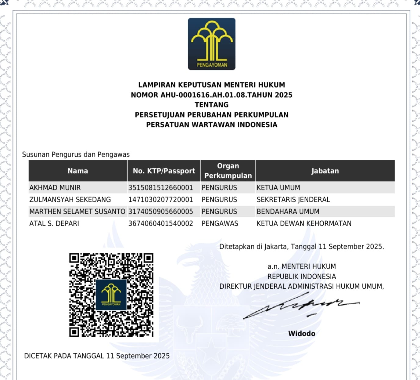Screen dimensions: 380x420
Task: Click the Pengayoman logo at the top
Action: click(211, 44)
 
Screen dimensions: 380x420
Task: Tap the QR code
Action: click(111, 295)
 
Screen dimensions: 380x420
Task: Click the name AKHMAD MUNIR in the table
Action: click(55, 188)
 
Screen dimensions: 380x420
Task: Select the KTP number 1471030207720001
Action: click(160, 200)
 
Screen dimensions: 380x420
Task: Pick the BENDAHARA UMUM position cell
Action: click(288, 212)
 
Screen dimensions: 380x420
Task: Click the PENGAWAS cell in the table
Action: click(220, 223)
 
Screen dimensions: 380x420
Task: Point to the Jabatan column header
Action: click(325, 171)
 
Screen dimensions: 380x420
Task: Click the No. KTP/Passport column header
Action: click(164, 171)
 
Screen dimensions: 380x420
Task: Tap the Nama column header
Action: click(78, 171)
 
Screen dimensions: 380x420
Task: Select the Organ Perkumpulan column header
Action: click(228, 171)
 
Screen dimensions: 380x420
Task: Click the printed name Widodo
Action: click(302, 333)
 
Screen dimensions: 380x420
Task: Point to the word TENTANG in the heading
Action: click(211, 105)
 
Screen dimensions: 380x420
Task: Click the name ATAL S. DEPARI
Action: click(54, 223)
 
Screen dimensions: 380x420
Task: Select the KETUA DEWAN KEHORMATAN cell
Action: click(304, 223)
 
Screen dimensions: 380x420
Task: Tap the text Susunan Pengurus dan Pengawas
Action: click(76, 154)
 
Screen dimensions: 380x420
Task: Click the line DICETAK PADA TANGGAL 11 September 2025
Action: click(97, 356)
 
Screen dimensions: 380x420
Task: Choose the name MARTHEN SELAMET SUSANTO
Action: click(77, 212)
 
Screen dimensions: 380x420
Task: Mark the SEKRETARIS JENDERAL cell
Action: click(293, 200)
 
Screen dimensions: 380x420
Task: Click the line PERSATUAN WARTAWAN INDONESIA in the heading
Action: click(211, 125)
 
